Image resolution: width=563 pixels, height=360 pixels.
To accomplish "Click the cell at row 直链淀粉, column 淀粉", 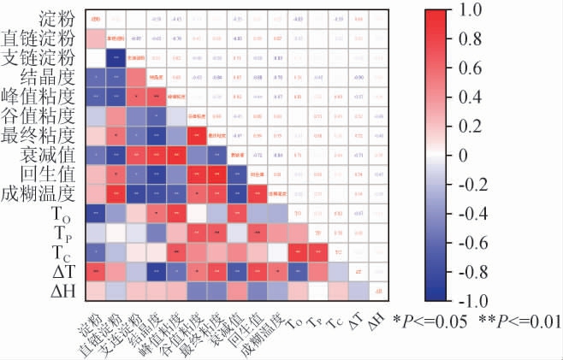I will pos(95,38).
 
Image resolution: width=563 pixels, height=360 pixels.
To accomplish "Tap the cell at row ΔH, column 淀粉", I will pos(95,291).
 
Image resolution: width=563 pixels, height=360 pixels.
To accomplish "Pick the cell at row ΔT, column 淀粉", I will pos(95,271).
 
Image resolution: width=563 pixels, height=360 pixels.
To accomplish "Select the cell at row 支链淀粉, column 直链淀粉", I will pos(116,57).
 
